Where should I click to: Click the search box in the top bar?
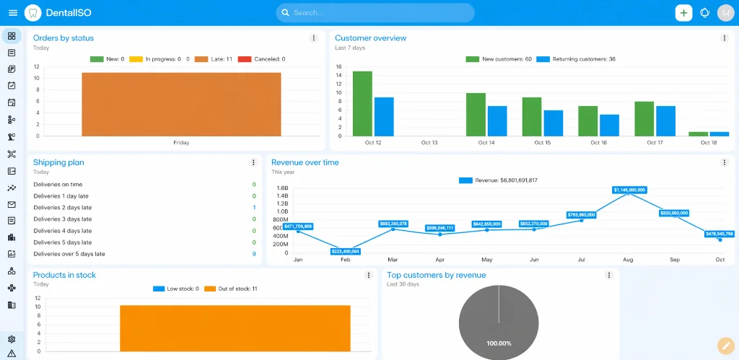375,13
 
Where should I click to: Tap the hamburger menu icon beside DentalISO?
12,13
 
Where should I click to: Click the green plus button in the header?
683,13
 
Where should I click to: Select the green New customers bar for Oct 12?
362,103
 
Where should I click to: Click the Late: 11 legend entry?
213,59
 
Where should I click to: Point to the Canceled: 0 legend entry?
261,59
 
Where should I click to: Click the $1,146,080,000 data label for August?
629,190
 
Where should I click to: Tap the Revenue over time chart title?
305,162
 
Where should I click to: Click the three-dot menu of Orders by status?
313,38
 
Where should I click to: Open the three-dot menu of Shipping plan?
253,163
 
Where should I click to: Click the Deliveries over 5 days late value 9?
254,254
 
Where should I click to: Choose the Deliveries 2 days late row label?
62,208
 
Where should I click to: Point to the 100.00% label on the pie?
499,343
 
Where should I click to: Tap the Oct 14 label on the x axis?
486,143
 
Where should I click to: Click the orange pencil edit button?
725,346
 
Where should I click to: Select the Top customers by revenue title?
436,275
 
